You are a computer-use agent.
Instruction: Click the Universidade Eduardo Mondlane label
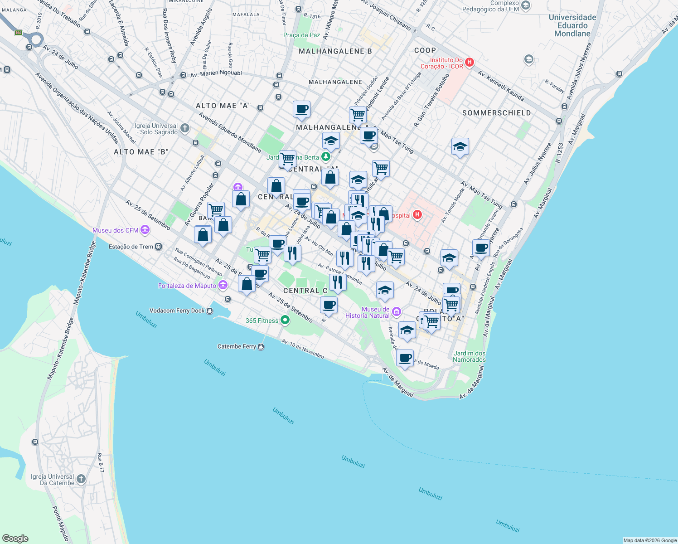pos(572,25)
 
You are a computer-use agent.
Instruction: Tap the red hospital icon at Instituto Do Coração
pos(470,63)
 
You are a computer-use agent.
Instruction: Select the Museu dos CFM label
pos(115,230)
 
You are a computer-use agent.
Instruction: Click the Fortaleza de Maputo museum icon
pos(223,285)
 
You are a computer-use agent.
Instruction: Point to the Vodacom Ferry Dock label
pos(177,311)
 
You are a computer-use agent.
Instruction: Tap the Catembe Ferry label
pos(237,346)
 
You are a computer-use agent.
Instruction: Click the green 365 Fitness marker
pos(285,321)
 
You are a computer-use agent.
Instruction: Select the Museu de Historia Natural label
pos(367,312)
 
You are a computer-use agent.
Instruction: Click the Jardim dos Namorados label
pos(469,356)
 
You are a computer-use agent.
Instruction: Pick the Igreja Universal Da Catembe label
pos(52,480)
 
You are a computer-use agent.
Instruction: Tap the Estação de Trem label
pos(131,247)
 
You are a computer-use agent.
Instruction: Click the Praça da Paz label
pos(301,35)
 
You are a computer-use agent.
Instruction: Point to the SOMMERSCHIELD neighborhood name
pos(496,113)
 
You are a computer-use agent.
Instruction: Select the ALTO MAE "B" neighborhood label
pos(141,152)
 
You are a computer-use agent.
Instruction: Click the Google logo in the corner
pos(15,538)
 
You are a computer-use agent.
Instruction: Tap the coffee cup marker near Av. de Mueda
pos(405,358)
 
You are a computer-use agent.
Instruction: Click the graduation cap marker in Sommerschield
pos(460,146)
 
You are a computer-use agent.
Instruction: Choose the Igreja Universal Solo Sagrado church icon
pos(184,128)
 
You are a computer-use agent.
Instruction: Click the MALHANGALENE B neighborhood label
pos(335,51)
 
